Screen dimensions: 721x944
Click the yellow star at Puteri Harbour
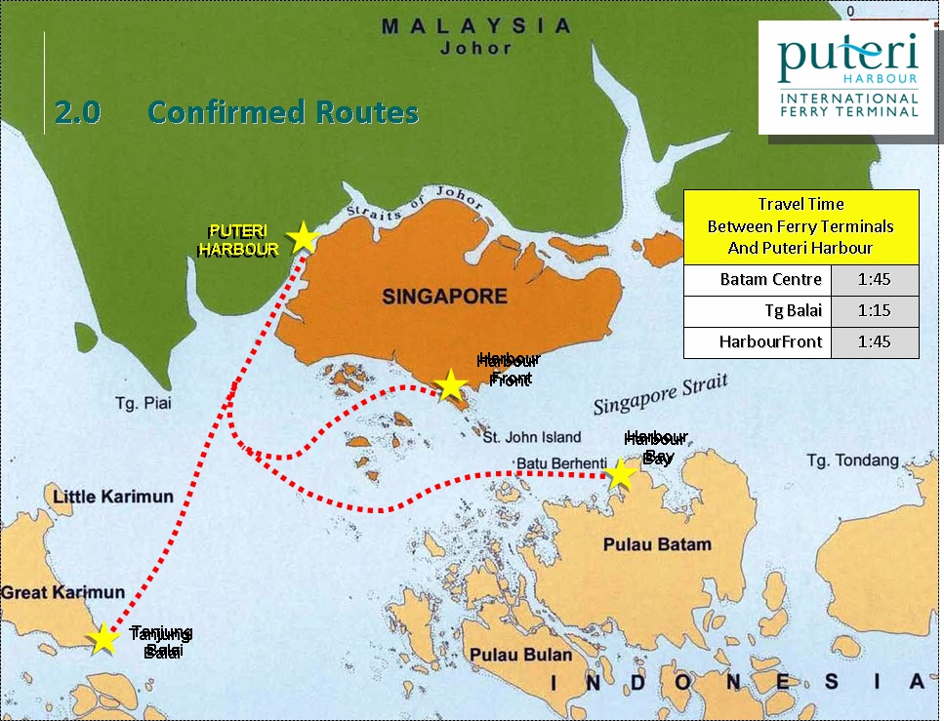point(303,237)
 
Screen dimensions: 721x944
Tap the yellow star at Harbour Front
point(450,384)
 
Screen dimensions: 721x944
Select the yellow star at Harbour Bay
point(620,474)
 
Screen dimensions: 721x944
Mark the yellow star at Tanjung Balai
point(103,638)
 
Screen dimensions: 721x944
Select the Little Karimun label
point(113,497)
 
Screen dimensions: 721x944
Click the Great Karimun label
point(62,592)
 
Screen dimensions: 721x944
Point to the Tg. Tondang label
point(852,460)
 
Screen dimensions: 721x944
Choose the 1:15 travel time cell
point(875,311)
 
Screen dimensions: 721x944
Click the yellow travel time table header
point(800,226)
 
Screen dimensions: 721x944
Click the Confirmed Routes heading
point(283,112)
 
